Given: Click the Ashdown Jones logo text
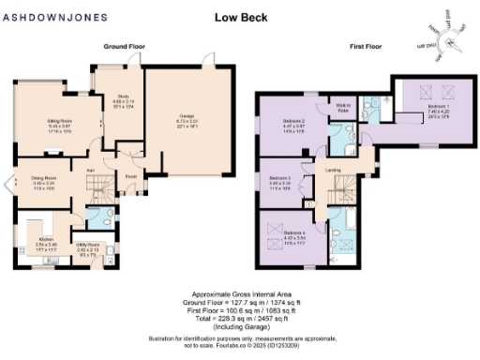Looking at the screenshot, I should coord(45,16).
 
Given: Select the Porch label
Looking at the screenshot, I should coord(130,175).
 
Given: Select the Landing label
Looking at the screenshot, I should coord(333,170).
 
